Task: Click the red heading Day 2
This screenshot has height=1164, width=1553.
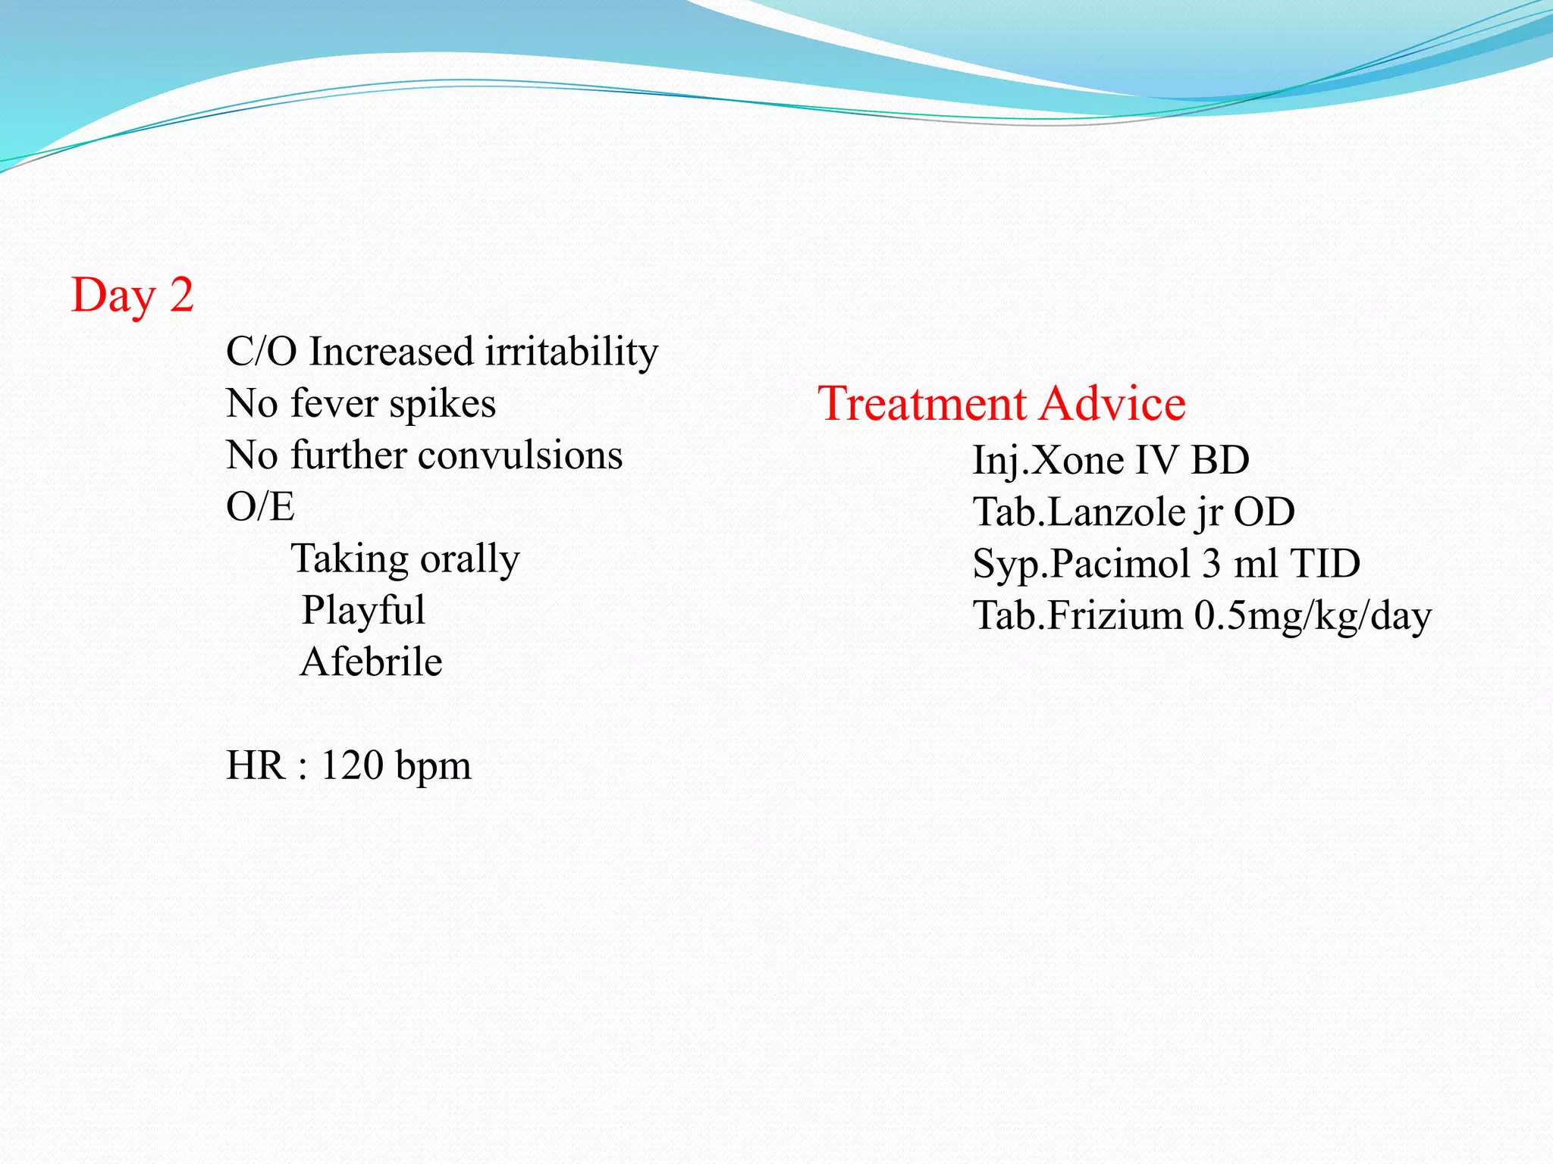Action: (133, 296)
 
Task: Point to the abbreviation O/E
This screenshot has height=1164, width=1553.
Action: (260, 507)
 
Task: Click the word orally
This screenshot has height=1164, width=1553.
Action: (470, 559)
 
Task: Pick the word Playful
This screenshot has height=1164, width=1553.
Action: (363, 611)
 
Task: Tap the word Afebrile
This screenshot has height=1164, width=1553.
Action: (371, 662)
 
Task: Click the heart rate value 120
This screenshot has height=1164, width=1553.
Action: (352, 765)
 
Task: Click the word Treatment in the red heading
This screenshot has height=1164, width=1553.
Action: (921, 403)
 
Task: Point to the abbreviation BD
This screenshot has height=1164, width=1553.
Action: (1220, 461)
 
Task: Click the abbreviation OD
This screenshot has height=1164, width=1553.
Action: (1264, 512)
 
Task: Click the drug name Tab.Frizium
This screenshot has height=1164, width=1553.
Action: (1078, 615)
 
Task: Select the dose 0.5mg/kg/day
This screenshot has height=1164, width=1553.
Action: (1313, 616)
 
